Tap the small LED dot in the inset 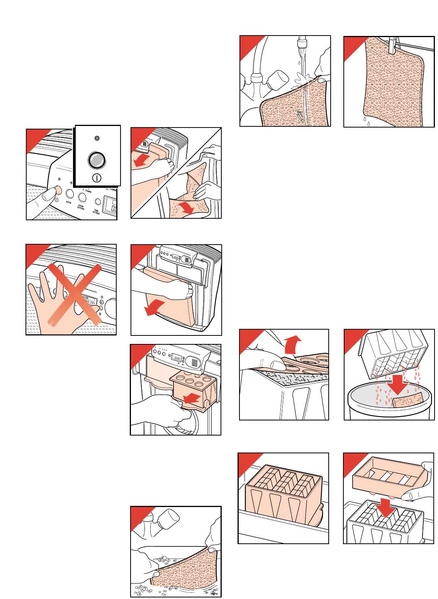[x=97, y=138]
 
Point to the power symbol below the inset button [x=97, y=178]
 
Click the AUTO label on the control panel [x=69, y=202]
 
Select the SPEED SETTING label [x=81, y=207]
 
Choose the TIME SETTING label [x=96, y=211]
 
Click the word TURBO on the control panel [x=88, y=191]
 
